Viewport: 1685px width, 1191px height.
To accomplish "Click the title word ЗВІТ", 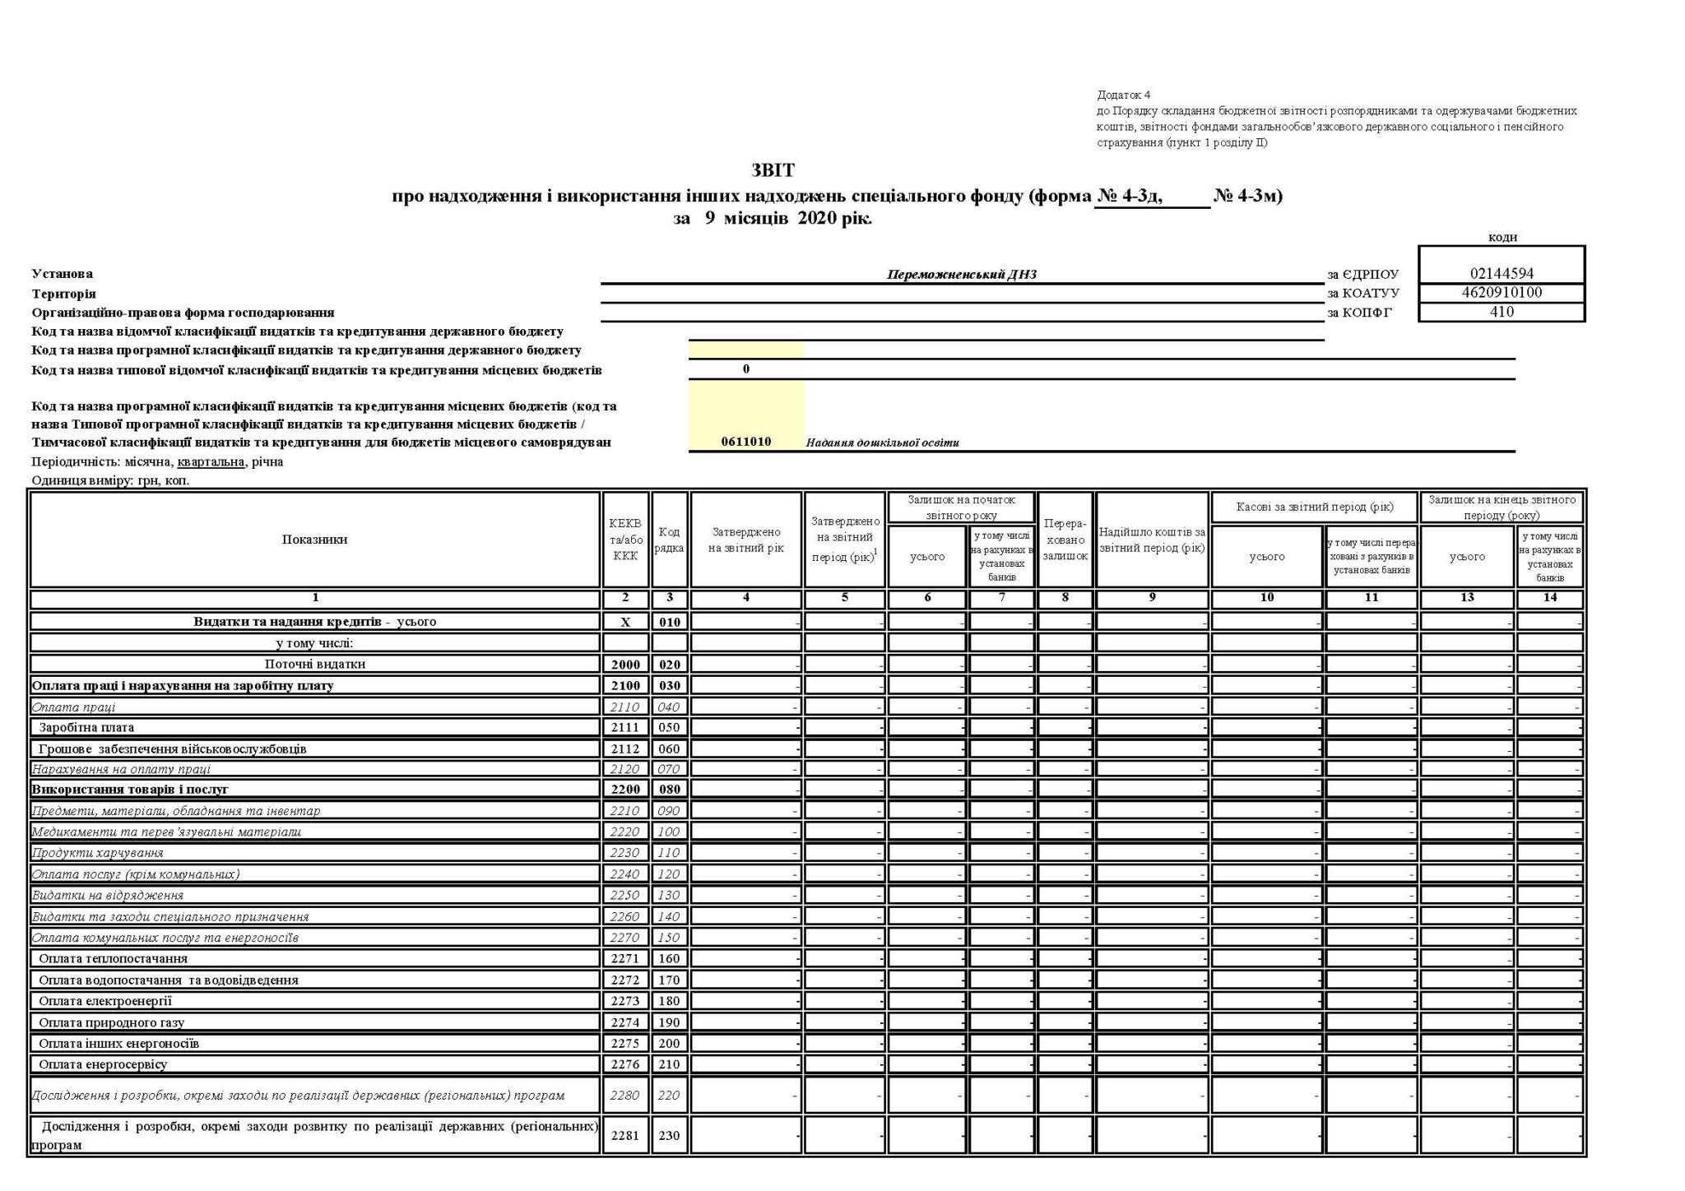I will pyautogui.click(x=773, y=171).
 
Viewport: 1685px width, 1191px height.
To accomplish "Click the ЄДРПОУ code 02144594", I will pyautogui.click(x=1502, y=274).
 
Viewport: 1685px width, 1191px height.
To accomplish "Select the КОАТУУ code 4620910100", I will pyautogui.click(x=1502, y=293).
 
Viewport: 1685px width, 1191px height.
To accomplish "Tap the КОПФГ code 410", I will pyautogui.click(x=1502, y=312).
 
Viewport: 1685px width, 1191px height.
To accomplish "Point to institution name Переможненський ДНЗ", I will pyautogui.click(x=961, y=275).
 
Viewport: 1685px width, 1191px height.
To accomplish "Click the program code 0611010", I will pyautogui.click(x=745, y=442).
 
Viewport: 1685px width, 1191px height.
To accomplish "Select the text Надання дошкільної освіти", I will pyautogui.click(x=882, y=443).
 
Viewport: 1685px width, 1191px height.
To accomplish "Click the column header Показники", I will pyautogui.click(x=314, y=540).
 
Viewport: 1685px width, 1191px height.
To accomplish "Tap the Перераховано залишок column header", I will pyautogui.click(x=1065, y=540).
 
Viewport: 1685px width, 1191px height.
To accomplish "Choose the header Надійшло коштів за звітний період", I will pyautogui.click(x=1152, y=540).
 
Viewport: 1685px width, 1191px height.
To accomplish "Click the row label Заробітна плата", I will pyautogui.click(x=86, y=728).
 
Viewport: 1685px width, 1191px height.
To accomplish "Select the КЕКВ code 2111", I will pyautogui.click(x=625, y=728).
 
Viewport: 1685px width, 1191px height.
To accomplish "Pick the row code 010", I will pyautogui.click(x=670, y=622).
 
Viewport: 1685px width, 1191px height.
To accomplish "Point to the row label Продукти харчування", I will pyautogui.click(x=98, y=853).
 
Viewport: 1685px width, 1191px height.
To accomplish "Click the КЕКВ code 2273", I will pyautogui.click(x=625, y=1002).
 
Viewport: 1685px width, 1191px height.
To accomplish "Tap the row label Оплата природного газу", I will pyautogui.click(x=112, y=1023).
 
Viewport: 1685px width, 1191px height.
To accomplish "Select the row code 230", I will pyautogui.click(x=670, y=1136).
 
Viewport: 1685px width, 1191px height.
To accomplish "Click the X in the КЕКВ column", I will pyautogui.click(x=625, y=622).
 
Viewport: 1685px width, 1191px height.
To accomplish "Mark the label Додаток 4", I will pyautogui.click(x=1124, y=95).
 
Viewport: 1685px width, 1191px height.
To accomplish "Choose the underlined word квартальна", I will pyautogui.click(x=211, y=461).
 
